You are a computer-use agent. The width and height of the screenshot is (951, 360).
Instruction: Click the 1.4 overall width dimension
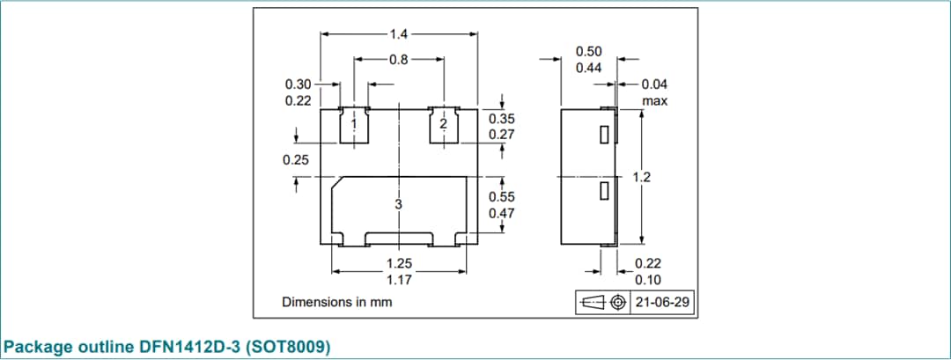tap(399, 34)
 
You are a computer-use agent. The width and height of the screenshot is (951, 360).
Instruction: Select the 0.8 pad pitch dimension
tap(399, 60)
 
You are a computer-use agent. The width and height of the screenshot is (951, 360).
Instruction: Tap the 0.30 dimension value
tap(299, 84)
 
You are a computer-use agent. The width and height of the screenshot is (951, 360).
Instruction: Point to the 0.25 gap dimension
tap(296, 160)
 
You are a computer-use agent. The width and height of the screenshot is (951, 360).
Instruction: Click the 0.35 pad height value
tap(501, 119)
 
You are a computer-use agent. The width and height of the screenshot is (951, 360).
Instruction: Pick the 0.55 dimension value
tap(501, 197)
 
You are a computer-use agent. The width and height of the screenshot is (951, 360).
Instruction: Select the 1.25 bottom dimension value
tap(399, 263)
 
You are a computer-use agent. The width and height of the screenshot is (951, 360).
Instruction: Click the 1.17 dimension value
tap(399, 280)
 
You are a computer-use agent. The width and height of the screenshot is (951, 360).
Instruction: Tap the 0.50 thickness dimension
tap(588, 52)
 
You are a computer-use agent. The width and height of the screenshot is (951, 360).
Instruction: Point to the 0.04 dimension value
tap(654, 84)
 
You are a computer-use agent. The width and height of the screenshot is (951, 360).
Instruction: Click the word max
tap(654, 101)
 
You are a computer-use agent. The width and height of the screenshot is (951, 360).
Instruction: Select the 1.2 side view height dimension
tap(642, 177)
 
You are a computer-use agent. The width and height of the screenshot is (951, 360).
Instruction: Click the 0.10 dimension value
tap(648, 280)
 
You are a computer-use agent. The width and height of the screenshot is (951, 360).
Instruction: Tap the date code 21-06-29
tap(662, 303)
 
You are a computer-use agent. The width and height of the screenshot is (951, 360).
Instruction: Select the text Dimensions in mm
tap(336, 302)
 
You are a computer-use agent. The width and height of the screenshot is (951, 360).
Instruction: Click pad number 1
tap(354, 124)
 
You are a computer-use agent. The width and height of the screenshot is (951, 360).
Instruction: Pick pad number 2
tap(443, 124)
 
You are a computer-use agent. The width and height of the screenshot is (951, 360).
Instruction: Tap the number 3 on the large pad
tap(398, 204)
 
